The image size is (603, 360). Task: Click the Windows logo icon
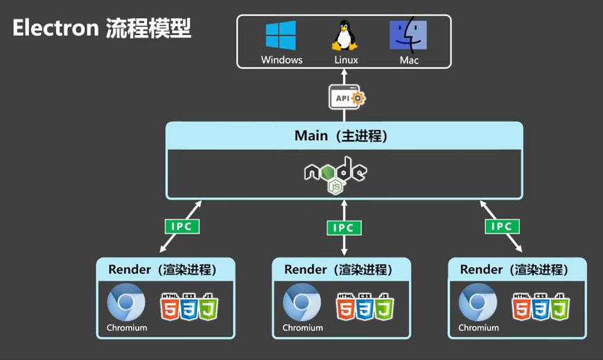(281, 35)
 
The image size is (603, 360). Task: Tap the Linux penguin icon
(344, 35)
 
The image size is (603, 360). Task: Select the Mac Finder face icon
(408, 35)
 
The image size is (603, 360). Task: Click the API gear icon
(347, 98)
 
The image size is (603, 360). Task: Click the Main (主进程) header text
(344, 136)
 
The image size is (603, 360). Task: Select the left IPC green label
(182, 226)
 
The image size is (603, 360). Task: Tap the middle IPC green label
(344, 228)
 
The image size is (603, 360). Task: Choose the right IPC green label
(502, 226)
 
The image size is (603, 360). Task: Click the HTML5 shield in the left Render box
(170, 307)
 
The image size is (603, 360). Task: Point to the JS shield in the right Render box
(560, 307)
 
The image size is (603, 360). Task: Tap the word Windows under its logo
(281, 60)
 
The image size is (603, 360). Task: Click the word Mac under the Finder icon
(409, 60)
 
